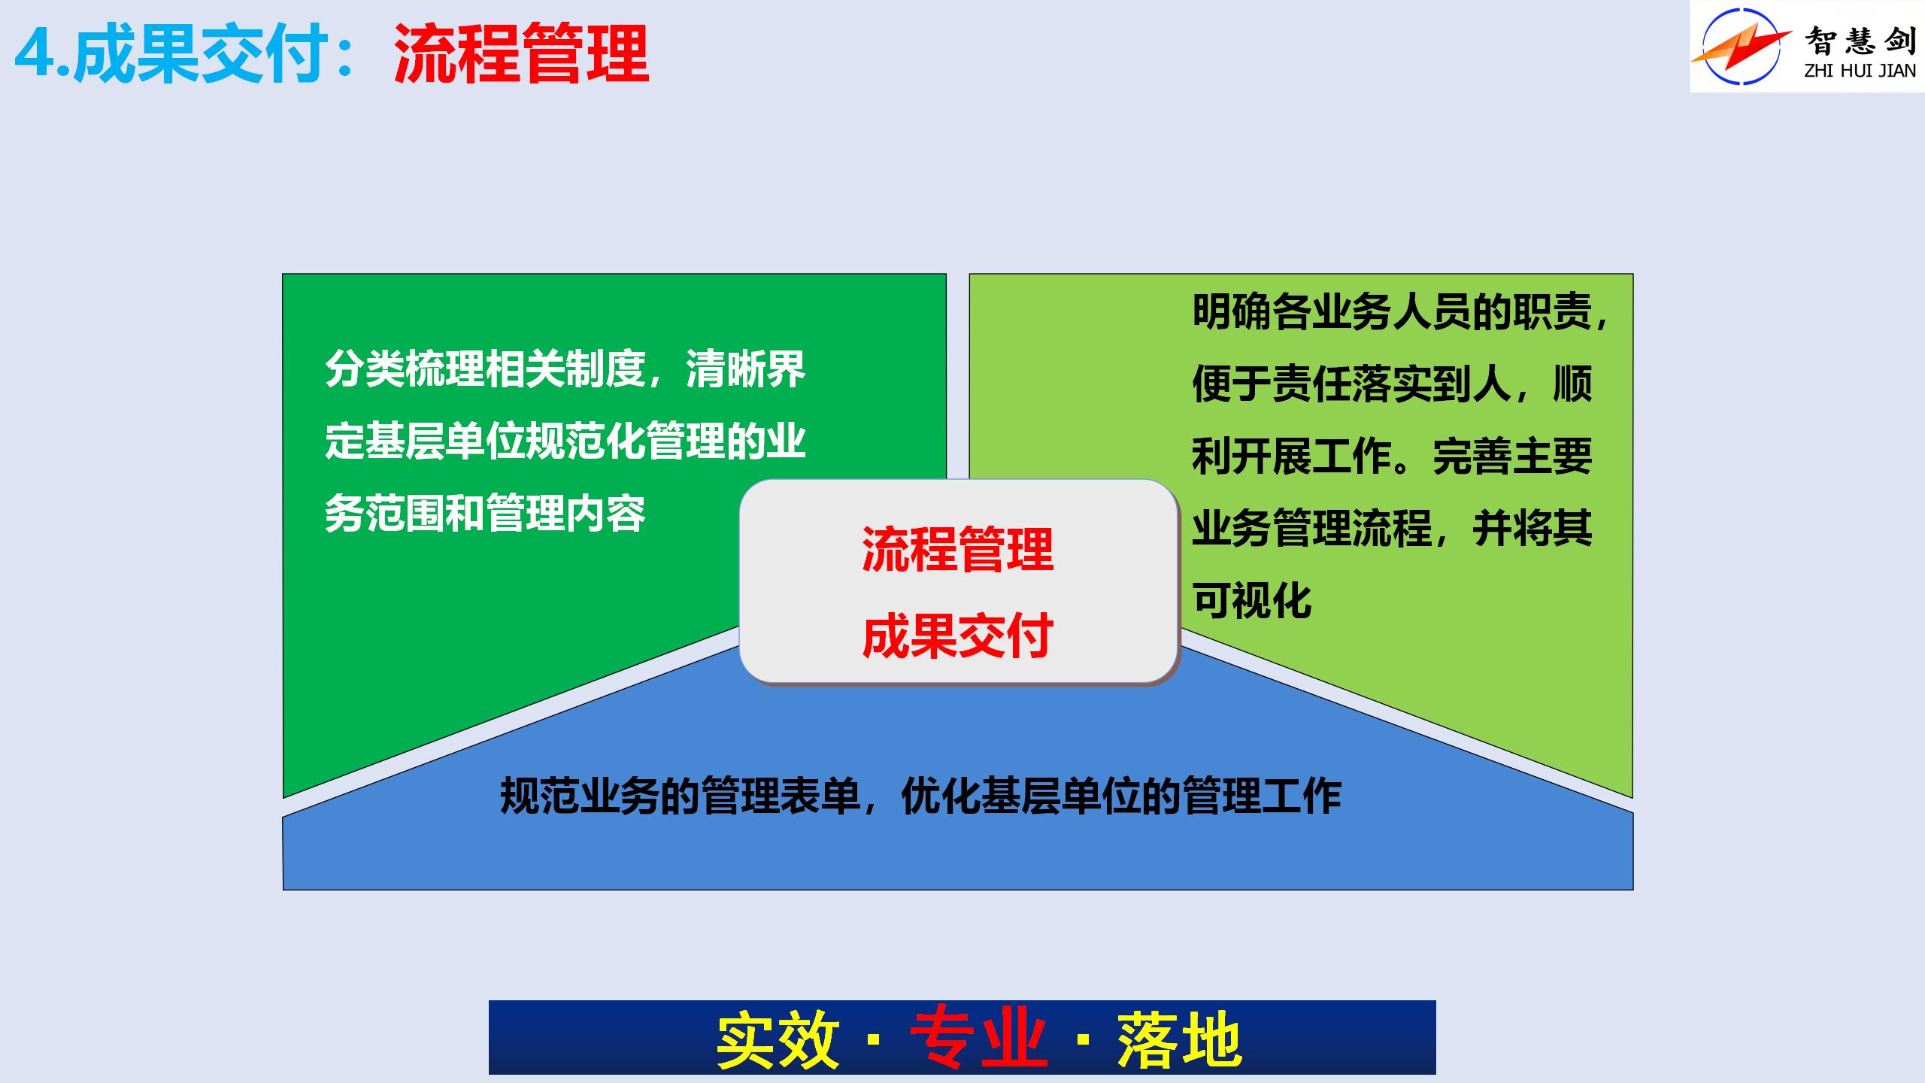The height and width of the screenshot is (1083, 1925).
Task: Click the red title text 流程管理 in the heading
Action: (521, 54)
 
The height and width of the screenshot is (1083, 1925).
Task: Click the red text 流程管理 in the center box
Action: (957, 549)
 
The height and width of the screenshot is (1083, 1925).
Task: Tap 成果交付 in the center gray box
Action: (957, 636)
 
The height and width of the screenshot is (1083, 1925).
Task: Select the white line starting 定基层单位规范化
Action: (565, 441)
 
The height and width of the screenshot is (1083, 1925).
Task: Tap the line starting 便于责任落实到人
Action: (1393, 384)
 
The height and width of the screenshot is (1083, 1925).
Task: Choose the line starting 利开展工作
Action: (1393, 457)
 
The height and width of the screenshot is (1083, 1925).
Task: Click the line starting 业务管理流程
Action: (1393, 529)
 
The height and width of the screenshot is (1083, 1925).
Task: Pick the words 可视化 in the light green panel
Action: (1252, 601)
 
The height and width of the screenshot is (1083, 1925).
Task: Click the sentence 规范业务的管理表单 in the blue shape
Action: (681, 796)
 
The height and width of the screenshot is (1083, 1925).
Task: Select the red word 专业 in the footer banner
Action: (979, 1040)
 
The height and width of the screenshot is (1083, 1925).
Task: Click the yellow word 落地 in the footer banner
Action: (1179, 1040)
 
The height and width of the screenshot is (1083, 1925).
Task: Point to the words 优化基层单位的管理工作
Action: (1121, 796)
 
